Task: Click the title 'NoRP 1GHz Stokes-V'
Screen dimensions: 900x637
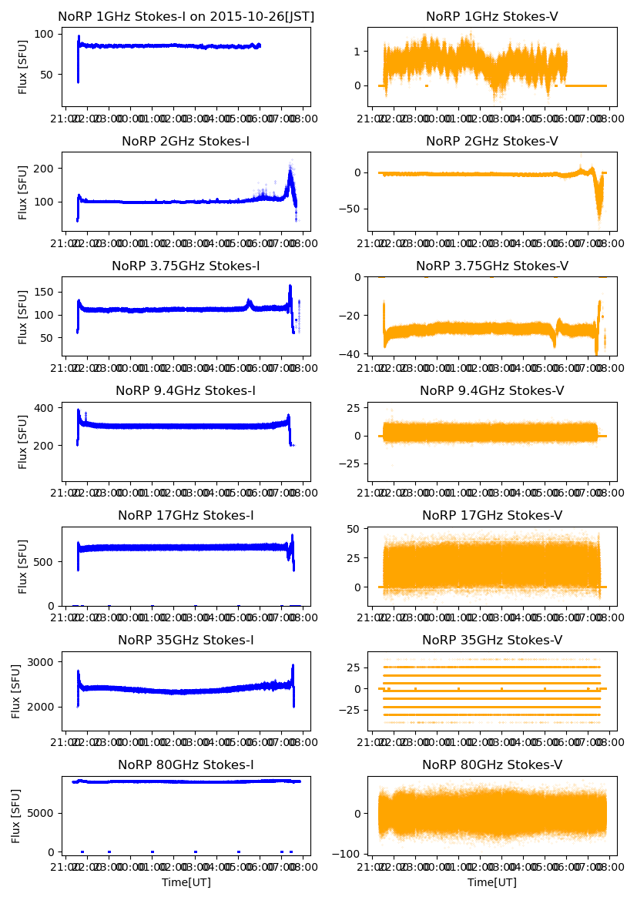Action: tap(491, 17)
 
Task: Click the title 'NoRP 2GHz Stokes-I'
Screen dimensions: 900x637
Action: tap(186, 142)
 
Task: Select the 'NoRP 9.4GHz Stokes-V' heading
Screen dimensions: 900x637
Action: tap(491, 391)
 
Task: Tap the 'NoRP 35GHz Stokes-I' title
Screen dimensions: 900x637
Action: tap(186, 641)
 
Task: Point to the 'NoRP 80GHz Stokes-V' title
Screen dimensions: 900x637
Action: tap(491, 765)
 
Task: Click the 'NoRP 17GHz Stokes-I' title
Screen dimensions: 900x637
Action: tap(186, 516)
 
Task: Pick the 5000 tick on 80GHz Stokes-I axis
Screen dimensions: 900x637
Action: tap(41, 813)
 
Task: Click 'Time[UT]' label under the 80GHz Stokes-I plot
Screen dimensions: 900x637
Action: tap(186, 882)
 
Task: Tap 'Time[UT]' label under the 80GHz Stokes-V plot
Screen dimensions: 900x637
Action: tap(491, 882)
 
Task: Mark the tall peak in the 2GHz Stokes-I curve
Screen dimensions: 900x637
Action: tap(290, 171)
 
